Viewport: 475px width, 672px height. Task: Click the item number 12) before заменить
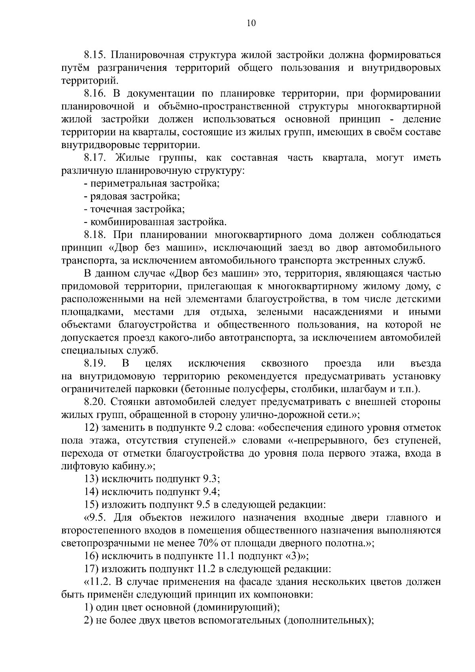(x=92, y=428)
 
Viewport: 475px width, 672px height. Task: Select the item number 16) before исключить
(x=92, y=556)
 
